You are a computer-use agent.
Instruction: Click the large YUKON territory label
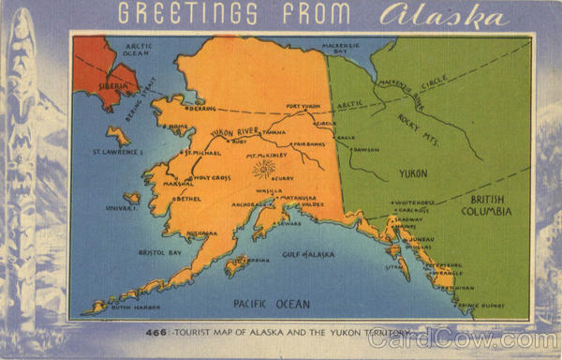click(x=413, y=173)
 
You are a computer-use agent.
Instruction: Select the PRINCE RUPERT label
click(x=483, y=305)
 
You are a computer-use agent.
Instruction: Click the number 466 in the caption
click(x=156, y=333)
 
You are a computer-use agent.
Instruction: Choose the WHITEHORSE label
click(x=414, y=202)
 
